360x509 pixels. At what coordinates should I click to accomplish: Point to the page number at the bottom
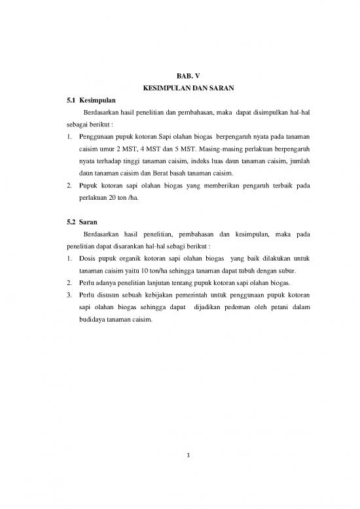[x=180, y=474]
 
